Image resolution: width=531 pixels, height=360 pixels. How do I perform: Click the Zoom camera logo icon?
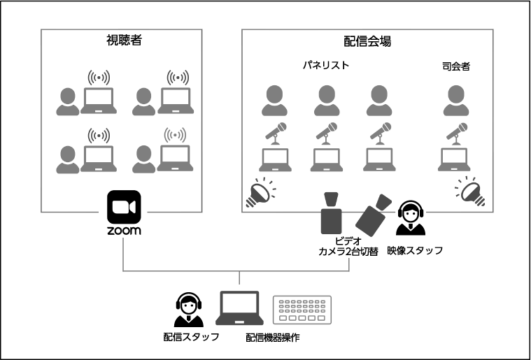coord(123,206)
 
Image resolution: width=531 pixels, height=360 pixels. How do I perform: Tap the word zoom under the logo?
coord(123,229)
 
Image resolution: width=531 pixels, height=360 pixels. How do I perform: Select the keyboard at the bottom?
coord(302,310)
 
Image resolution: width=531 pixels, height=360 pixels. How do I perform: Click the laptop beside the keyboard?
coord(239,308)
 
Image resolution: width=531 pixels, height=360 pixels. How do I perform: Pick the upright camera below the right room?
coord(331,213)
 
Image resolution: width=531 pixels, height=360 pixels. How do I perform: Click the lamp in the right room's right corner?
coord(471,191)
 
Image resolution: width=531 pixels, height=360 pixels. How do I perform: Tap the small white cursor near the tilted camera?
coord(418,222)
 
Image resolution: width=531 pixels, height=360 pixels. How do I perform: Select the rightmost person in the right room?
coord(456,101)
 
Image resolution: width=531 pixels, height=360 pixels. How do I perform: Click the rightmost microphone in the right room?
coord(457,133)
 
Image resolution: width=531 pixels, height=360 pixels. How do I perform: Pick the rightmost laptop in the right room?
coord(454,160)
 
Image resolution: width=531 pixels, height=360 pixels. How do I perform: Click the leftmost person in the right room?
coord(275,101)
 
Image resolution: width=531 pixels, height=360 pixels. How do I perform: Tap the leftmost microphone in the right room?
coord(275,133)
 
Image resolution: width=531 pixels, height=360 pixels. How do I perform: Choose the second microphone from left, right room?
coord(326,133)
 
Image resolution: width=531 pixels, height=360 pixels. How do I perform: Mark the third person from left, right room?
coord(379,101)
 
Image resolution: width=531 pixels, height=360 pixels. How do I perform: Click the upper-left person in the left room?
coord(68,102)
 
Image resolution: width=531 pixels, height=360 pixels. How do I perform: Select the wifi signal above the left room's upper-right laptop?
coord(178,77)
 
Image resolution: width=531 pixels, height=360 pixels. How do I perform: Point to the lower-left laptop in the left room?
coord(99,159)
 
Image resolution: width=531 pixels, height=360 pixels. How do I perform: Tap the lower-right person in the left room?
coord(144,159)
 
